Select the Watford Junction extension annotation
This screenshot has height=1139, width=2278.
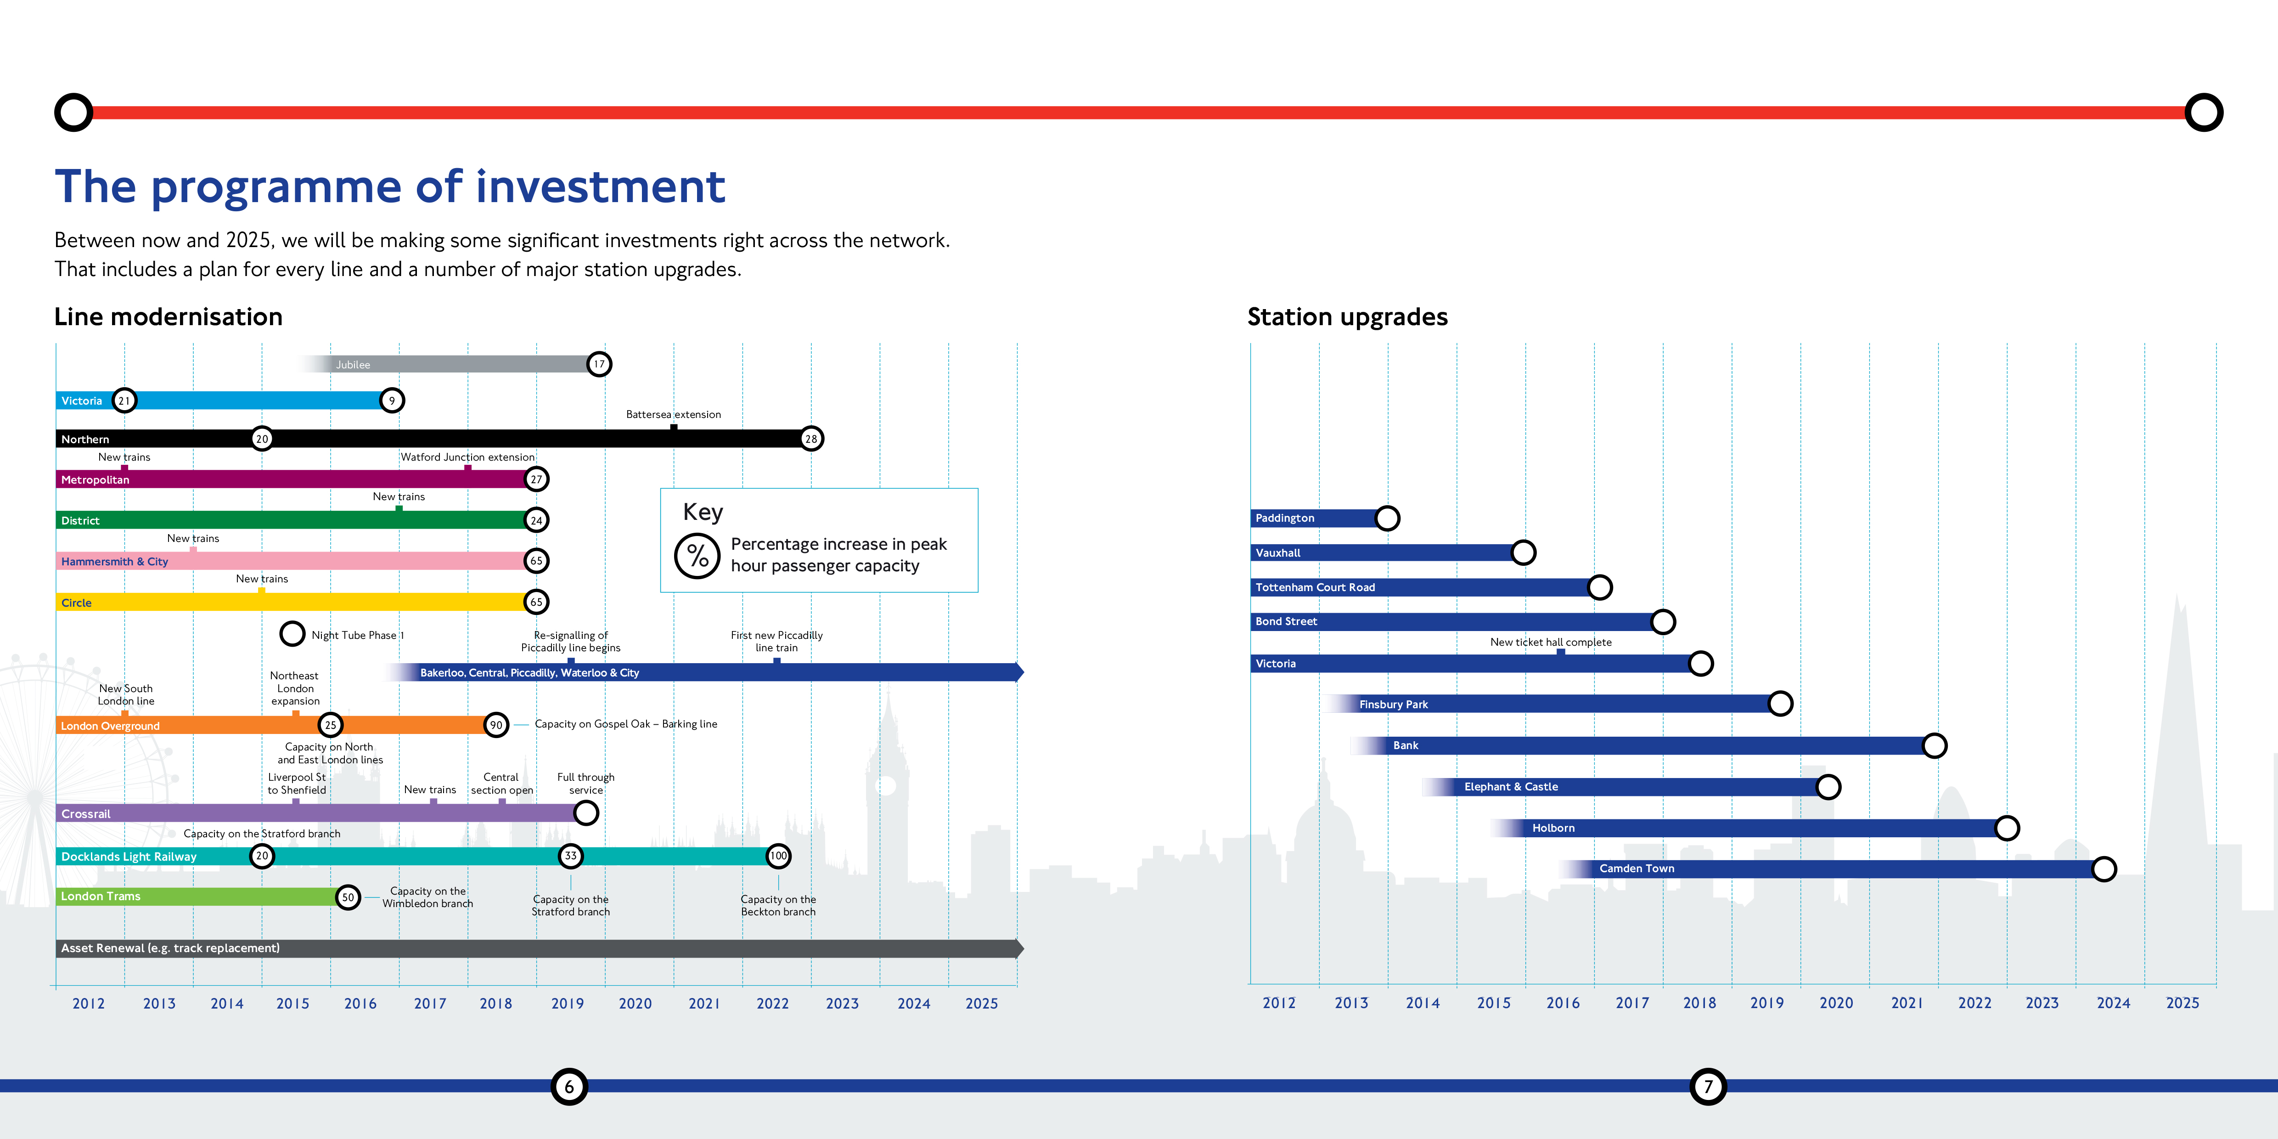(x=468, y=457)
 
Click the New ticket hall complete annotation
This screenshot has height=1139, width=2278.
(x=1551, y=642)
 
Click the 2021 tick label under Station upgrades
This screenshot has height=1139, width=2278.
(x=1907, y=1003)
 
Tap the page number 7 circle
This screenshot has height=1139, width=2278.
(x=1709, y=1087)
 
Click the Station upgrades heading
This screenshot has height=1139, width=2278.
(x=1348, y=316)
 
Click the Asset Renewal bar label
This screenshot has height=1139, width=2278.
(x=170, y=948)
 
